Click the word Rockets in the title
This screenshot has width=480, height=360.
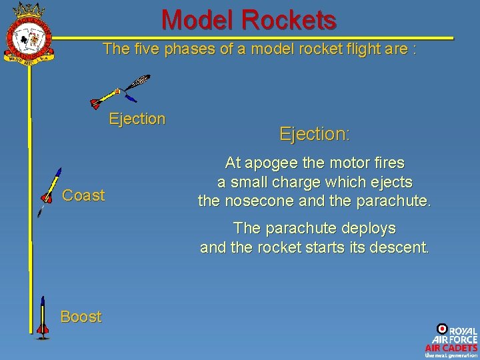click(x=289, y=20)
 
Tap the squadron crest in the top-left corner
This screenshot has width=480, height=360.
click(x=29, y=34)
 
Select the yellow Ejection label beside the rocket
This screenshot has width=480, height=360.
click(x=137, y=119)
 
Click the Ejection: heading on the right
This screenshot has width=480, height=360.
click(x=314, y=134)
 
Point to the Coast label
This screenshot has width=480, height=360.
click(x=83, y=195)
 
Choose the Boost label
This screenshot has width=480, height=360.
click(x=81, y=317)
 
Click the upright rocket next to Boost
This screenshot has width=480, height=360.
click(x=43, y=317)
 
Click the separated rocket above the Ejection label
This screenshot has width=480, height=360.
click(x=121, y=93)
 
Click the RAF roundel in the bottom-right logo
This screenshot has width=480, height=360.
click(x=441, y=329)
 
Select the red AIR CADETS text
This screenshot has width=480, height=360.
click(x=451, y=347)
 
